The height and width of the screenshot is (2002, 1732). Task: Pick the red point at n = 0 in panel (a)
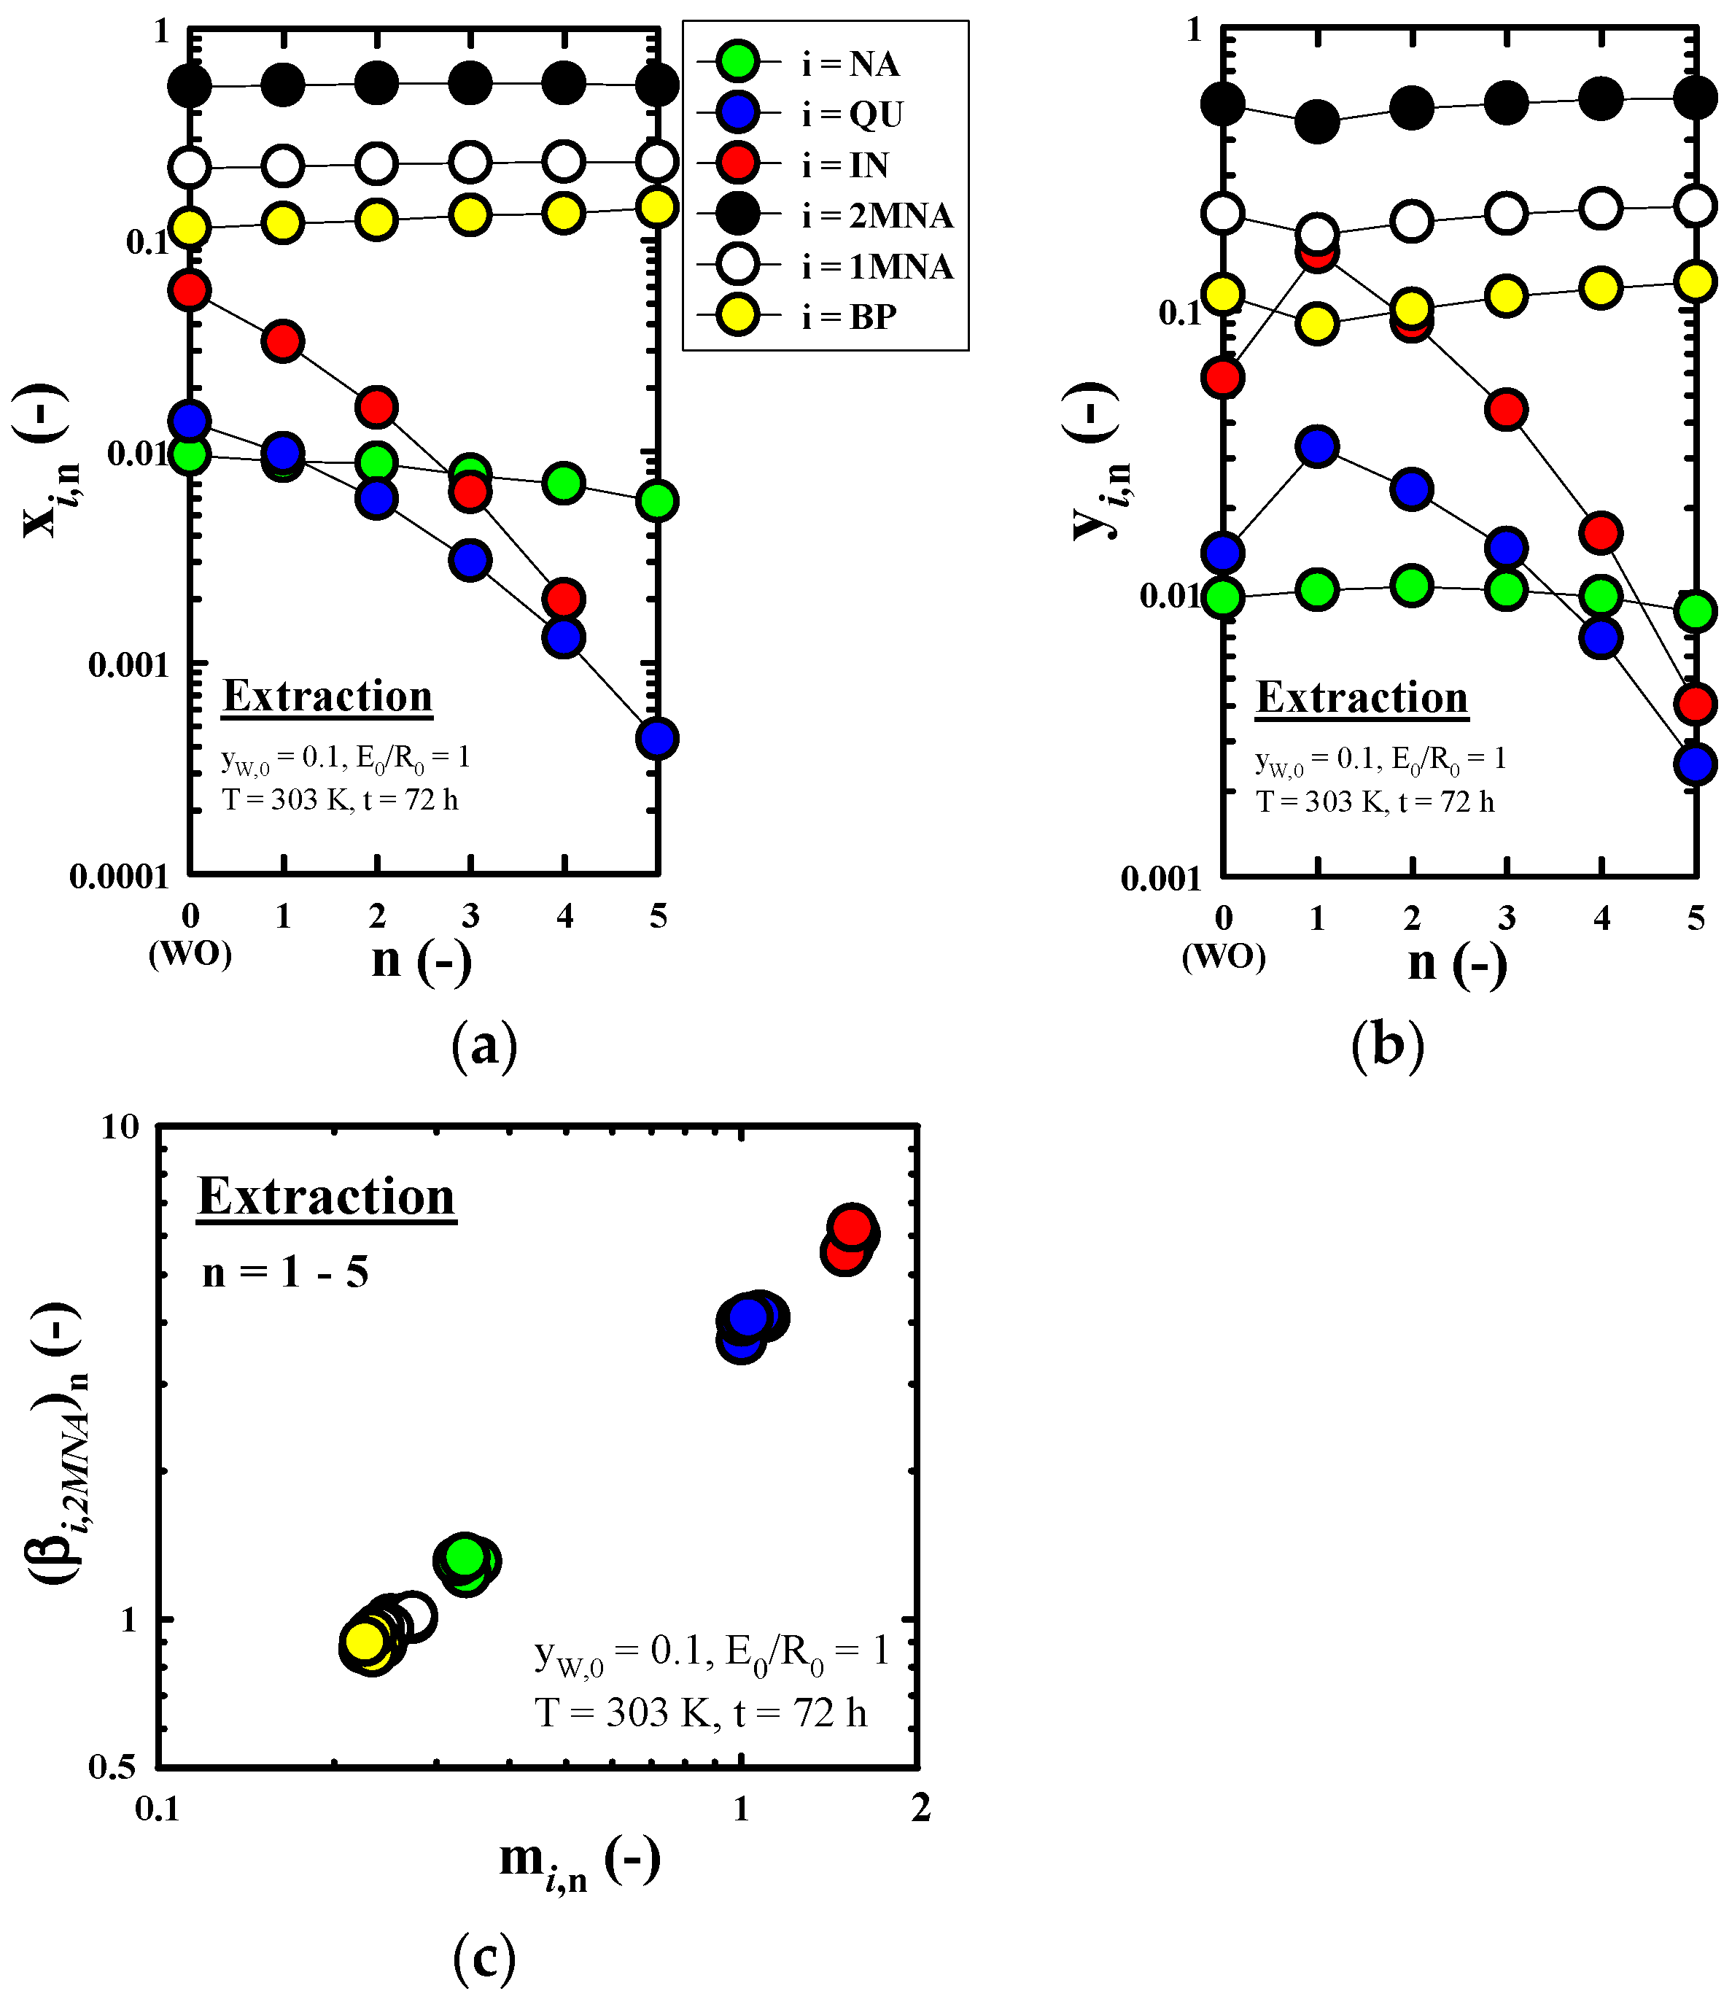coord(190,290)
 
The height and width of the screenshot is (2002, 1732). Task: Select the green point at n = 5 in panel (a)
coord(657,501)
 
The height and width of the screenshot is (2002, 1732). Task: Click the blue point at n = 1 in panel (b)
coord(1317,446)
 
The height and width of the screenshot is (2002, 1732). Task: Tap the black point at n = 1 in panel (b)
coord(1317,122)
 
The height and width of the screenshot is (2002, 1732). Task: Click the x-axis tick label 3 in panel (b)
coord(1506,918)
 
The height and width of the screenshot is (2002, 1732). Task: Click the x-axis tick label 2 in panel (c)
coord(920,1809)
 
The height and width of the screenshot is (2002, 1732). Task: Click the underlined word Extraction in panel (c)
coord(327,1197)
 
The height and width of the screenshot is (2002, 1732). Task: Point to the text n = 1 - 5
coord(285,1272)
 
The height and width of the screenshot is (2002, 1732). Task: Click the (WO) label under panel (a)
coord(190,954)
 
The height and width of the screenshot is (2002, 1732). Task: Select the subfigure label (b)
coord(1388,1045)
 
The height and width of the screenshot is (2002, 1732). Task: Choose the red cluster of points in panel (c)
coord(850,1238)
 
